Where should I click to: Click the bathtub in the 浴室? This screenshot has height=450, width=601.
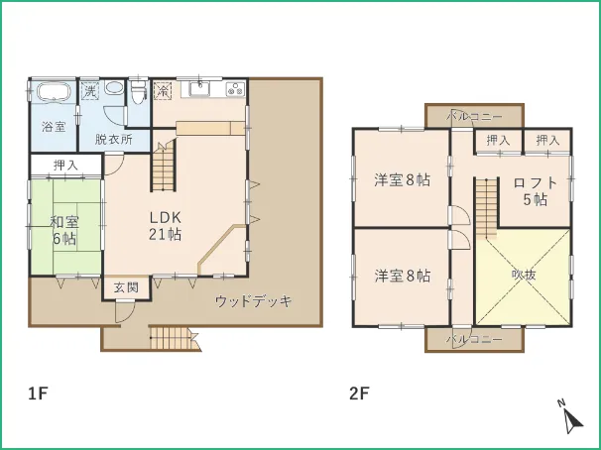[x=53, y=93]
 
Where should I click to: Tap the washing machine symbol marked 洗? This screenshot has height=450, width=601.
[x=89, y=91]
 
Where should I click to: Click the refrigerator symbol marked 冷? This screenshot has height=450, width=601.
[x=164, y=91]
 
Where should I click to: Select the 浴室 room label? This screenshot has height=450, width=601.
[x=54, y=128]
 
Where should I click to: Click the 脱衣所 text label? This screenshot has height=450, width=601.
[x=114, y=141]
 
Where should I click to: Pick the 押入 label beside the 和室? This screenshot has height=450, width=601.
[x=65, y=165]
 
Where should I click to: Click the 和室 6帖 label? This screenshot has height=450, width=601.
[x=64, y=230]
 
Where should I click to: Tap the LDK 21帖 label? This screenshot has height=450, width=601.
[x=165, y=226]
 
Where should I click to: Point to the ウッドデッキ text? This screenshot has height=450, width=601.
[x=254, y=301]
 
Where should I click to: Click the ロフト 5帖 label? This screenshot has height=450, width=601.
[x=535, y=190]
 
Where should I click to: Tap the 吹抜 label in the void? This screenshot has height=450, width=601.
[x=523, y=275]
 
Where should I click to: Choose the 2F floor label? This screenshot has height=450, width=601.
[x=358, y=394]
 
